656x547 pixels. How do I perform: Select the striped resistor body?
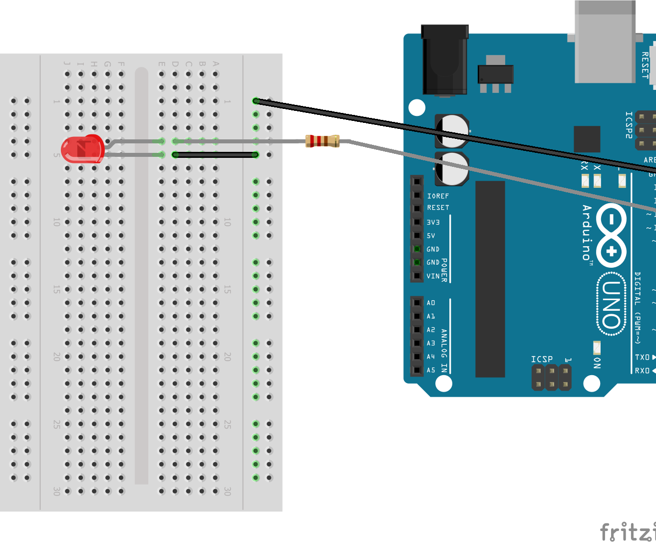(x=323, y=141)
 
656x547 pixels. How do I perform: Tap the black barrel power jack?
(x=444, y=60)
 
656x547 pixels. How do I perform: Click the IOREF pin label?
(x=438, y=196)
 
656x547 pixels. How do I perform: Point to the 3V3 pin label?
(x=433, y=222)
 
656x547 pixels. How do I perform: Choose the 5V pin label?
(x=431, y=236)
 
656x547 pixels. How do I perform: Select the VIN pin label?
(x=433, y=276)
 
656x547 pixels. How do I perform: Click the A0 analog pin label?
(x=431, y=303)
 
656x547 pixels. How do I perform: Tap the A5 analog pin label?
(x=431, y=370)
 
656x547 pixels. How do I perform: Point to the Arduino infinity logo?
(x=612, y=235)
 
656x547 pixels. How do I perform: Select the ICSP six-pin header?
(x=552, y=378)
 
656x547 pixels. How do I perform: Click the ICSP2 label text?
(x=629, y=125)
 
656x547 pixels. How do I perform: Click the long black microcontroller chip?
(x=490, y=279)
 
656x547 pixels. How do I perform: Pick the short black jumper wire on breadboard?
(x=215, y=155)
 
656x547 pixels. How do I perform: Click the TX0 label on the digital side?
(x=642, y=357)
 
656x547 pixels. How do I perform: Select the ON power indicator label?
(x=597, y=363)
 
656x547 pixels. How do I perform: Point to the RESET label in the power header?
(x=438, y=208)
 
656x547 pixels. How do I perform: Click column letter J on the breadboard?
(x=67, y=63)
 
